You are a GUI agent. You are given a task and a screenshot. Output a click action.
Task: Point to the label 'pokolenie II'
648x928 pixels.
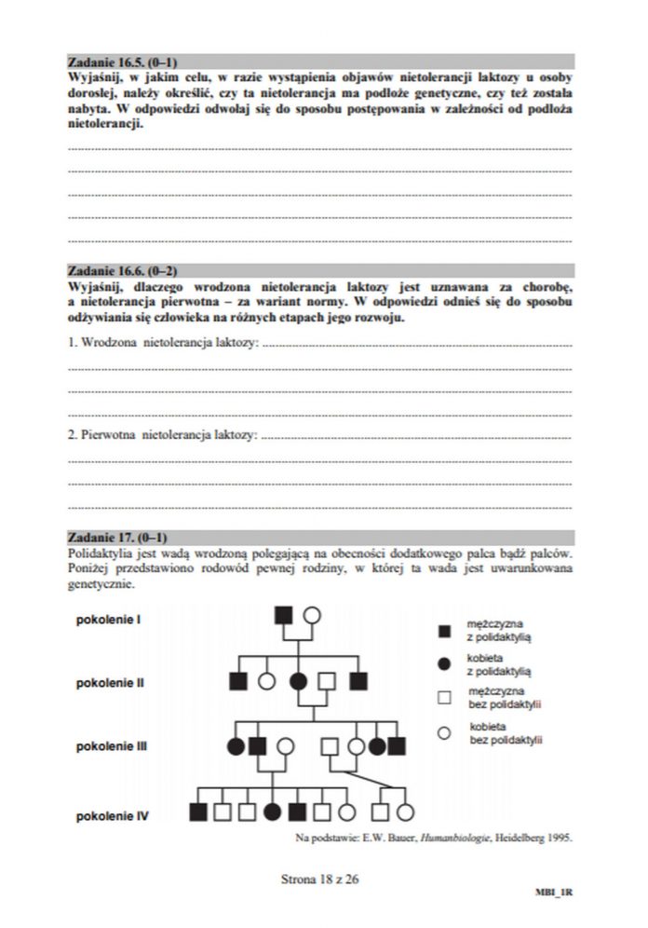click(110, 682)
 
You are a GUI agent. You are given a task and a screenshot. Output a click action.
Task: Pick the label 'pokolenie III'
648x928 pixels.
click(112, 746)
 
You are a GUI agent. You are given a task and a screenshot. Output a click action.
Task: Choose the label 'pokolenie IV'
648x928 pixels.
click(113, 815)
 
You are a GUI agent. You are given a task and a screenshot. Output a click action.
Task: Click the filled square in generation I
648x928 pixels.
click(284, 615)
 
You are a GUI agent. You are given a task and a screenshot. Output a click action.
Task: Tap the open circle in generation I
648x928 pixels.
click(312, 615)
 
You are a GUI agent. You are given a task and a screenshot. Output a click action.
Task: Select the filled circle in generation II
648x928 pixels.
click(298, 681)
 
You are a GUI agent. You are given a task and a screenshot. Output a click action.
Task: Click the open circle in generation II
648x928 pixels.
click(266, 681)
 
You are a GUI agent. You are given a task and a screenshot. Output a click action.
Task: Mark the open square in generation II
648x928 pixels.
click(327, 681)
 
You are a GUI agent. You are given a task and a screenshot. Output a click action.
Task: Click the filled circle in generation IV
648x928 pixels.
click(273, 812)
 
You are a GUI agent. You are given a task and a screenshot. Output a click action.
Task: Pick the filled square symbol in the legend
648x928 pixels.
click(445, 631)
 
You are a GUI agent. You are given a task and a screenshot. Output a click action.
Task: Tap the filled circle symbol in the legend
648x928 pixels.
click(445, 663)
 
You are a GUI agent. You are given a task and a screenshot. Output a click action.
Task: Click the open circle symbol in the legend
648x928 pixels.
click(445, 732)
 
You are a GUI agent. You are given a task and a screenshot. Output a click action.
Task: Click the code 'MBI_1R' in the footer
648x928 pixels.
click(553, 893)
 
